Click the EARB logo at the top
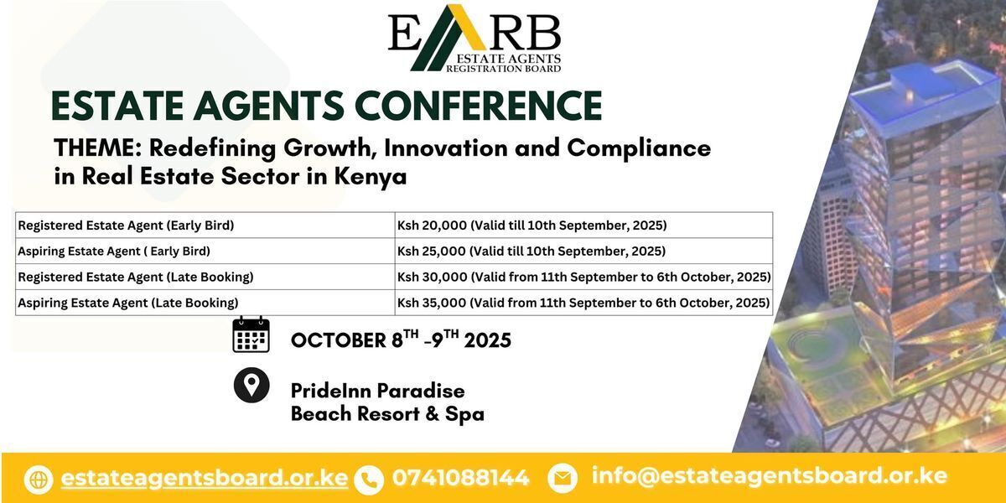[x=474, y=39]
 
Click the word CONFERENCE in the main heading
[x=479, y=106]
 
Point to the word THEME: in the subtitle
[x=98, y=148]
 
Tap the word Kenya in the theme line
[x=370, y=177]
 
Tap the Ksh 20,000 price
[x=432, y=226]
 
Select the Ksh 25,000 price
[x=432, y=251]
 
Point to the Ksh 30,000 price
[x=432, y=277]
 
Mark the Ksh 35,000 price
[x=432, y=303]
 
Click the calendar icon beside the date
[x=251, y=334]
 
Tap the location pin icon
[x=251, y=385]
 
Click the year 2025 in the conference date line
[x=488, y=340]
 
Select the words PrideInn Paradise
[x=378, y=391]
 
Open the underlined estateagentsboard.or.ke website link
[x=205, y=477]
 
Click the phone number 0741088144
[x=461, y=477]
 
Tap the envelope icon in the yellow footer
[x=563, y=478]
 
